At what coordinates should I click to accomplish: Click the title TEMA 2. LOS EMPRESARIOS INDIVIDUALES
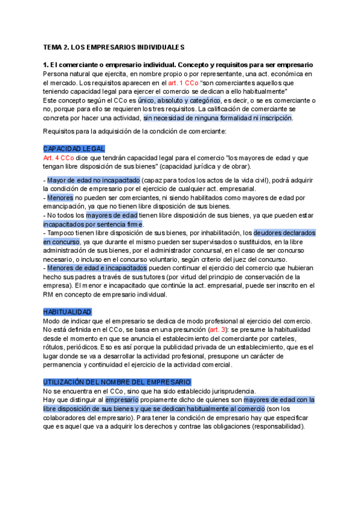[x=113, y=47]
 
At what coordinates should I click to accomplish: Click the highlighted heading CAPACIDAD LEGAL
[x=74, y=148]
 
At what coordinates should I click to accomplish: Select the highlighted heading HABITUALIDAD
[x=67, y=312]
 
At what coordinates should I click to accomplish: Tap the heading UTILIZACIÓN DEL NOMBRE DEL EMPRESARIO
[x=117, y=365]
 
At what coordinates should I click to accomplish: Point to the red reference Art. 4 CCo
[x=59, y=157]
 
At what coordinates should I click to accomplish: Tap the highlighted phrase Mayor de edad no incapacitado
[x=94, y=180]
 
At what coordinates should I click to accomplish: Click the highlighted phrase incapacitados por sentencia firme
[x=94, y=224]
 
